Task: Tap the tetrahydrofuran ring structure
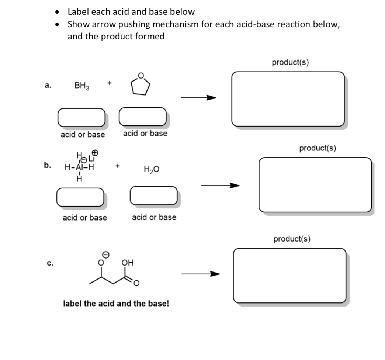(x=141, y=85)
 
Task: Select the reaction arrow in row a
(x=198, y=98)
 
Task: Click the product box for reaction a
(x=288, y=99)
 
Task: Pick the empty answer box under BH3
(x=81, y=117)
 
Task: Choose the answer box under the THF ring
(x=143, y=117)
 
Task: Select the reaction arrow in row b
(x=220, y=185)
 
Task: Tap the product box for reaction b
(x=315, y=185)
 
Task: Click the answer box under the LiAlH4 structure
(x=80, y=197)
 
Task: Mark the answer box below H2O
(x=153, y=195)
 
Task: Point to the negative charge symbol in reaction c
(x=105, y=255)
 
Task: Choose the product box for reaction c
(x=289, y=276)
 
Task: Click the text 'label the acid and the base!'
(x=116, y=304)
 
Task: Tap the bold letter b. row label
(x=47, y=165)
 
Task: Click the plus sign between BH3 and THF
(x=110, y=83)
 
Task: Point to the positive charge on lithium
(x=95, y=152)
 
